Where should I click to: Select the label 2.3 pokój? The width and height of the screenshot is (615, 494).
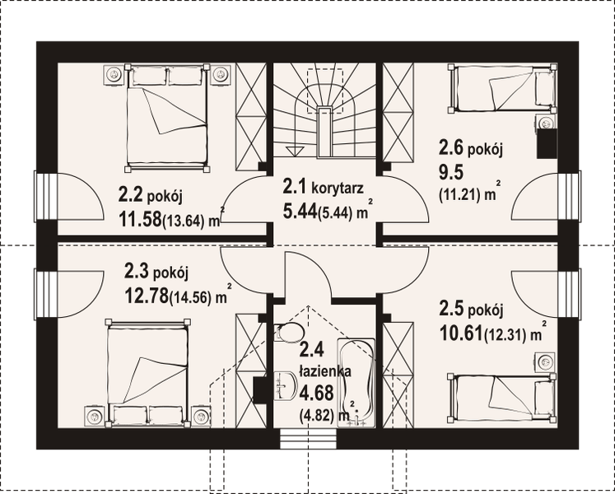(156, 271)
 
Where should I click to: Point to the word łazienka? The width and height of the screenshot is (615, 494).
(325, 372)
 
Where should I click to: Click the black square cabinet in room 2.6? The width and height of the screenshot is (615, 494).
(545, 144)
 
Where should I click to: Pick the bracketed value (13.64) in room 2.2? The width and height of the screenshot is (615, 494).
(192, 221)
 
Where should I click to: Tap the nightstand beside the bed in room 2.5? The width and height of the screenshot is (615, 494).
(544, 361)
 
